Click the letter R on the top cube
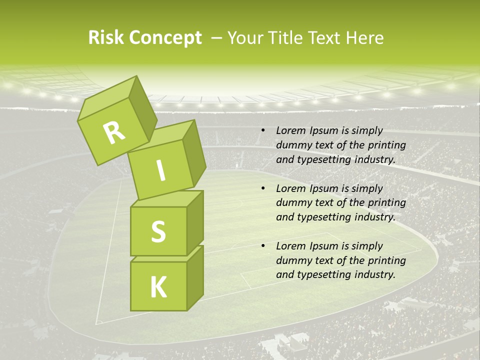tap(114, 133)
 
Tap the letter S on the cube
tap(158, 232)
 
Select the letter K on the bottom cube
tap(158, 287)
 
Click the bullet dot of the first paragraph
tap(263, 131)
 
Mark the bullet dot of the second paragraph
tap(263, 189)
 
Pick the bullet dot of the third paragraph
tap(263, 246)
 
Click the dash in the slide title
tap(217, 38)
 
